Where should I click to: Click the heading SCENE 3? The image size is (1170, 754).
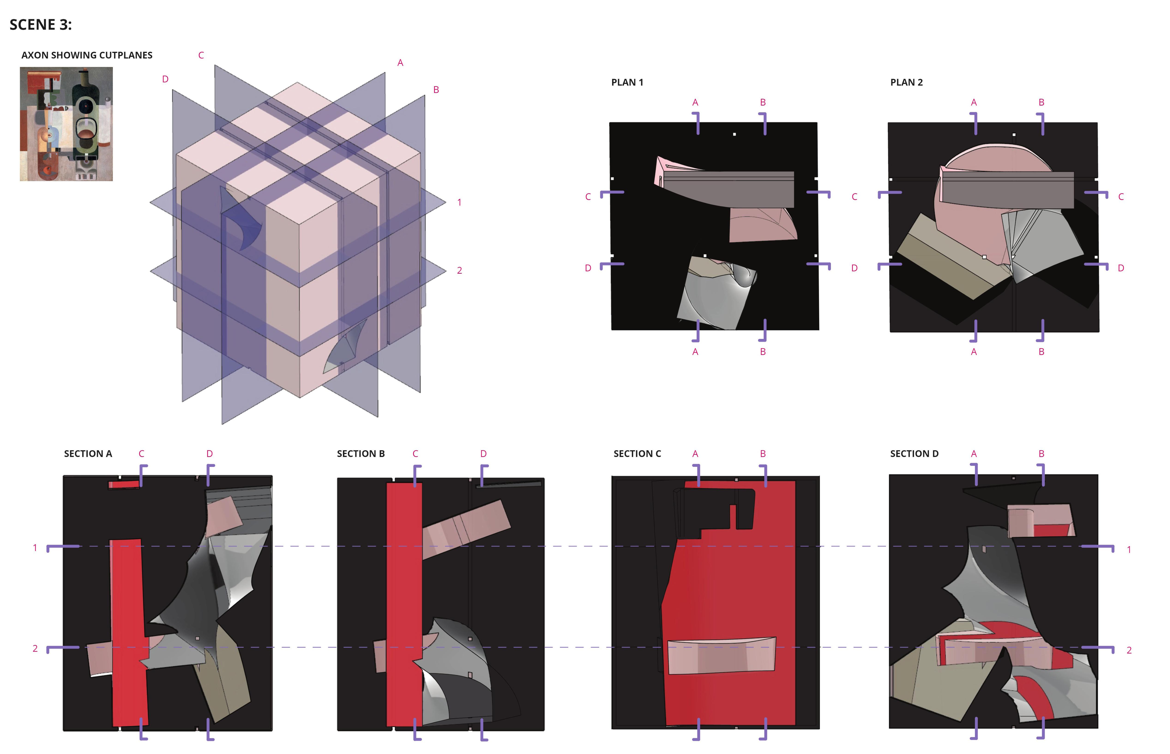(41, 24)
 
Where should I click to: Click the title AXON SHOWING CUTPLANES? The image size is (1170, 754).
(87, 55)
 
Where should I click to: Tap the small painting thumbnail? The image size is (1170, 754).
(66, 124)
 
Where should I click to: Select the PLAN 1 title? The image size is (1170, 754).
(627, 82)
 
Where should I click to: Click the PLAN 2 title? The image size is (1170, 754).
(906, 82)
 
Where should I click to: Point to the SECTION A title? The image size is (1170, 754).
(88, 454)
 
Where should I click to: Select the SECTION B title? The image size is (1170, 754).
(361, 454)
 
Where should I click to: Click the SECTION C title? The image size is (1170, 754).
(637, 454)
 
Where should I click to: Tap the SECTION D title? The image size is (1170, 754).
(914, 454)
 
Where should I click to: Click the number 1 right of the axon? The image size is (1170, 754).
(459, 202)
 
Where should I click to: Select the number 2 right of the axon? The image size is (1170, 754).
(460, 270)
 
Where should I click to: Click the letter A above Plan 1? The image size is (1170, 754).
(695, 102)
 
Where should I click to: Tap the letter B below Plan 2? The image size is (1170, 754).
(1041, 351)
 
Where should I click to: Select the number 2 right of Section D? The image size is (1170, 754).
(1129, 650)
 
